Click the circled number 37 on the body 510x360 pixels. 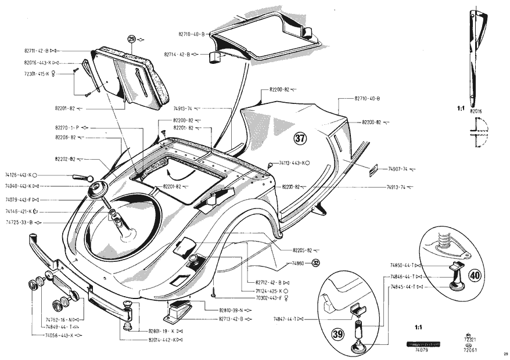point(300,139)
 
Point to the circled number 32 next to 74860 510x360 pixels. point(316,262)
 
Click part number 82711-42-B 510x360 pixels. point(36,51)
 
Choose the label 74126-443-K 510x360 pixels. point(18,174)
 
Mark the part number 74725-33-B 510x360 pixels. point(19,222)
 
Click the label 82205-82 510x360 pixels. point(301,250)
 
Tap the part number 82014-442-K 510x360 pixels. point(161,339)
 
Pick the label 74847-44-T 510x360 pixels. point(285,319)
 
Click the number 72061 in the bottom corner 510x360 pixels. point(469,350)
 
